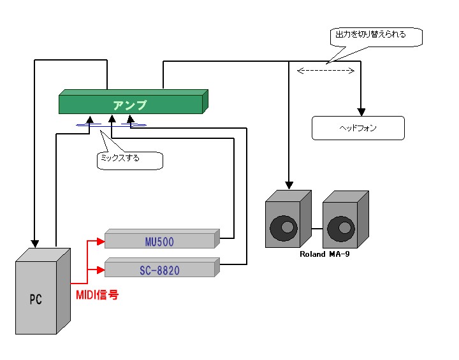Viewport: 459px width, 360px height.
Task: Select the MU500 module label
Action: [159, 241]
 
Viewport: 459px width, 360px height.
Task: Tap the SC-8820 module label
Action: [159, 270]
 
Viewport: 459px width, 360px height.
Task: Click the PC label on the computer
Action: [36, 299]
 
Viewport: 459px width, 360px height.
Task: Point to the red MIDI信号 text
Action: [98, 295]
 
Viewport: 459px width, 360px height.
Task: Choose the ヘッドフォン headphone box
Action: [358, 128]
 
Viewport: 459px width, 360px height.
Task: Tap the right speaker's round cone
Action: [340, 227]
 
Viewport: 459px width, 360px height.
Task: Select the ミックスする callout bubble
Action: [129, 159]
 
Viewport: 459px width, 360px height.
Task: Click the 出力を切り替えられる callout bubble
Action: [376, 36]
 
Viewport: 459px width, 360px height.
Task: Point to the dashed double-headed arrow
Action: [326, 71]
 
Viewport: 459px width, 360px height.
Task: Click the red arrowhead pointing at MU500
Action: [99, 241]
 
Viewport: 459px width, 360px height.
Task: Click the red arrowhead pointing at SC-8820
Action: [99, 270]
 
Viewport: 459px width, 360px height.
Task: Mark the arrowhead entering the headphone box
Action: [361, 111]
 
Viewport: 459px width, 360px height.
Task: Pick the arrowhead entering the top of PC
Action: [35, 243]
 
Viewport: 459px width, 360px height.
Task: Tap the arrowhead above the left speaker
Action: [289, 185]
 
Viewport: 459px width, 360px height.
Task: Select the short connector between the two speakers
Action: [317, 227]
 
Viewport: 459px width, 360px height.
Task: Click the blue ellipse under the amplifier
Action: [112, 125]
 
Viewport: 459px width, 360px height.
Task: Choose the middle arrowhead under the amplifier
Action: [112, 118]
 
